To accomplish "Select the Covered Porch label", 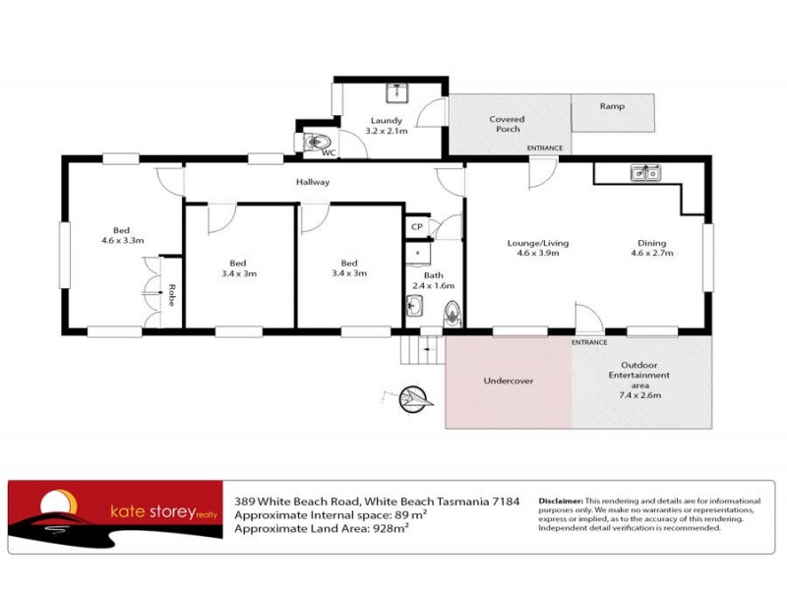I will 508,124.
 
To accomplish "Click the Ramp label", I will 613,105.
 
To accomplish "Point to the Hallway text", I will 313,182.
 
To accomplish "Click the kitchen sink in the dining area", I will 646,174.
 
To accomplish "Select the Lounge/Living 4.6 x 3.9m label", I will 537,248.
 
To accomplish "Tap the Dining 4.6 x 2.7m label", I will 651,248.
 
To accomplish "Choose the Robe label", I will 171,296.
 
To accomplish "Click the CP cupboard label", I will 417,227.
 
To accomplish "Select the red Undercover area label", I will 508,381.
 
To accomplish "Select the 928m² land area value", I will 388,528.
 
